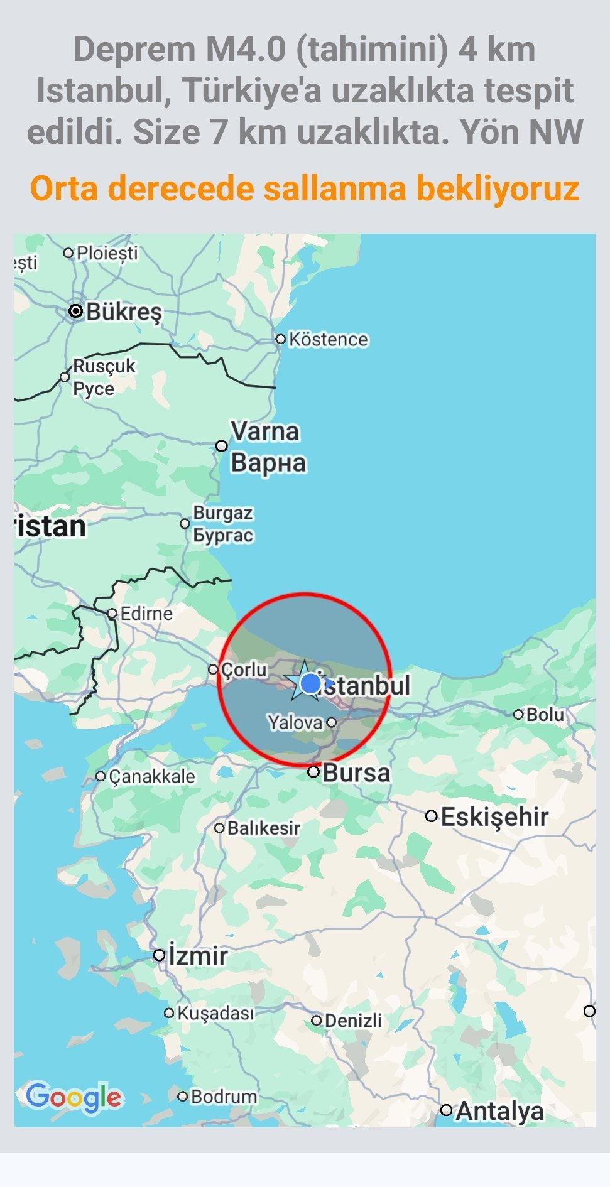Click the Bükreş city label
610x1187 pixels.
click(124, 312)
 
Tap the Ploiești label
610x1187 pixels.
click(107, 253)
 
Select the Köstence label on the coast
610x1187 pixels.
click(328, 339)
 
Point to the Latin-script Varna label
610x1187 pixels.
click(264, 431)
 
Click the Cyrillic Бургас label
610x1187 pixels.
click(223, 535)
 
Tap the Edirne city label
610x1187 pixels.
click(146, 613)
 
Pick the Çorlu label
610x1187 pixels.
click(244, 669)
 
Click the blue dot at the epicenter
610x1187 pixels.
click(310, 683)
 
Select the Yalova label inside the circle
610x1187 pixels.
click(295, 722)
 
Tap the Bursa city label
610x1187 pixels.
click(356, 772)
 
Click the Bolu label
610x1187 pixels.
click(545, 714)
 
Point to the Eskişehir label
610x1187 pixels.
click(494, 816)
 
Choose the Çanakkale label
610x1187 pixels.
click(151, 776)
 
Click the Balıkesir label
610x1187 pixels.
click(263, 828)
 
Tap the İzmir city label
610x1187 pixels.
click(198, 955)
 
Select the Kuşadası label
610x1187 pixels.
click(215, 1013)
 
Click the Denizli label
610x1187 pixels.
click(353, 1021)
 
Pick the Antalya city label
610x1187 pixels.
click(499, 1111)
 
